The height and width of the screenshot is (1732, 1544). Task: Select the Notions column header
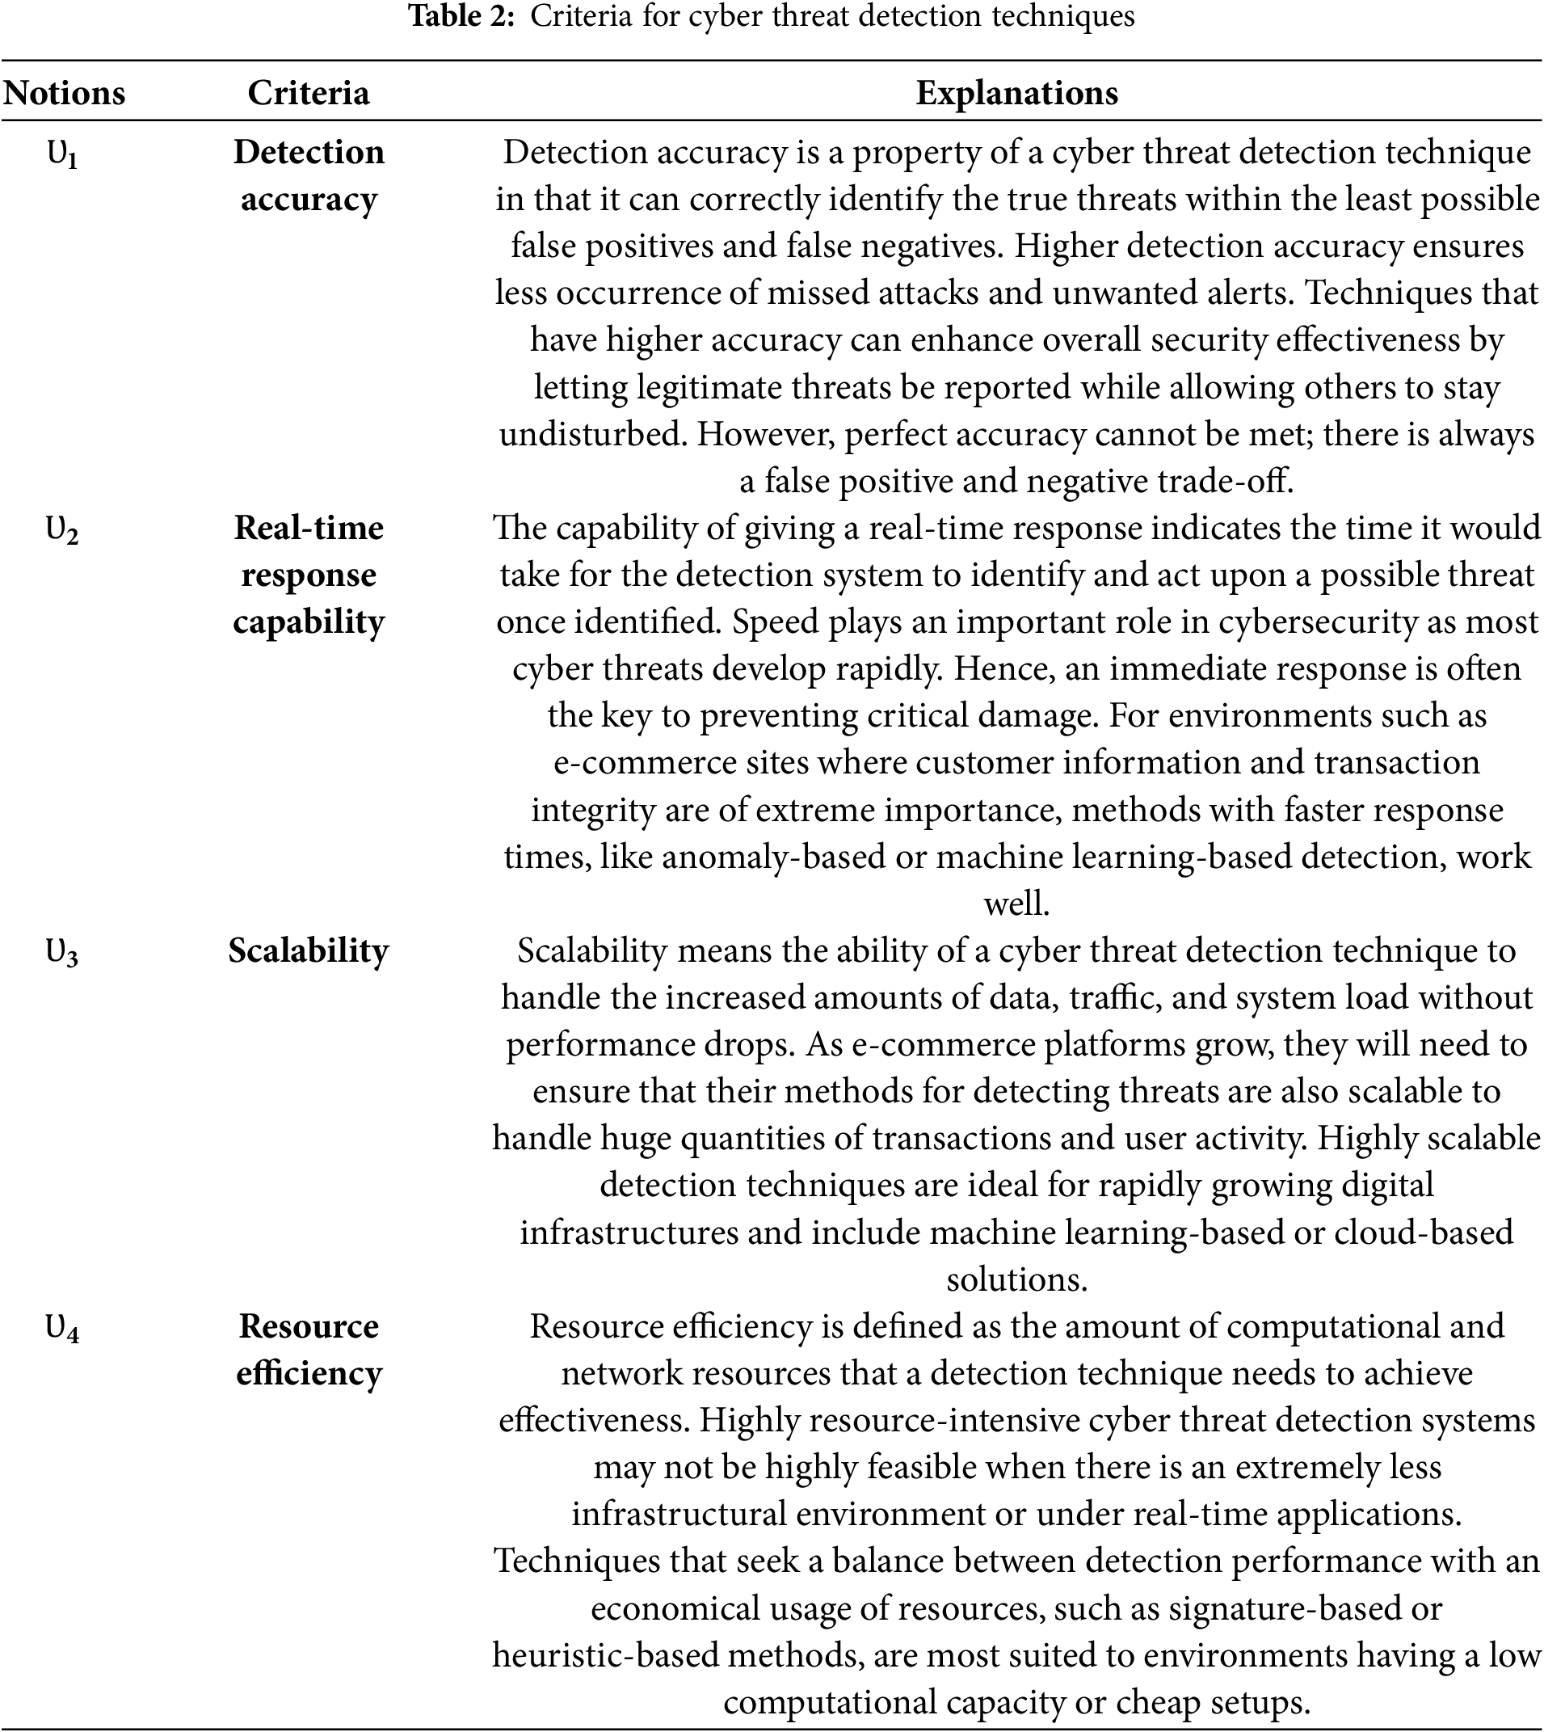(x=65, y=92)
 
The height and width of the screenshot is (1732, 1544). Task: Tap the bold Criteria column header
(x=308, y=92)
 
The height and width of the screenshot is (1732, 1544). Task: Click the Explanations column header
(x=1016, y=92)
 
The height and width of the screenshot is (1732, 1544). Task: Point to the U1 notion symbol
(x=62, y=154)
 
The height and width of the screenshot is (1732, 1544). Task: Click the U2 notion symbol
(x=62, y=531)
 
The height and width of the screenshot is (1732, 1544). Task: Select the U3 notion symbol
(x=62, y=954)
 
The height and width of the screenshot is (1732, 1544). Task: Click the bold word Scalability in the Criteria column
(x=308, y=950)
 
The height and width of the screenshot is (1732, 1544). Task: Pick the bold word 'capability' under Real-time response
(x=308, y=622)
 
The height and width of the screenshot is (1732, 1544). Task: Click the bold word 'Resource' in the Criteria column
(x=308, y=1326)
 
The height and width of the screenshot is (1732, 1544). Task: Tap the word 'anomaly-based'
(x=773, y=857)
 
